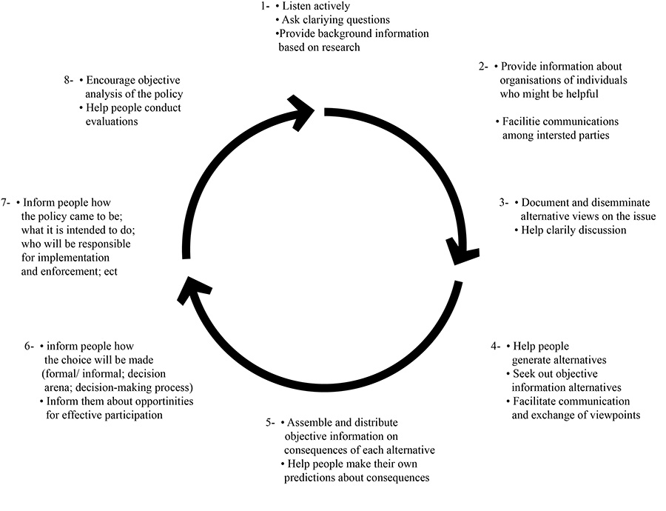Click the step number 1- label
click(x=265, y=6)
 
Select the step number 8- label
click(x=70, y=80)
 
